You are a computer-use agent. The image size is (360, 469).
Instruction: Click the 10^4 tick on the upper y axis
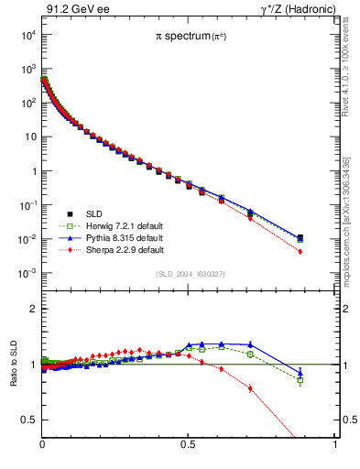click(28, 35)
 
